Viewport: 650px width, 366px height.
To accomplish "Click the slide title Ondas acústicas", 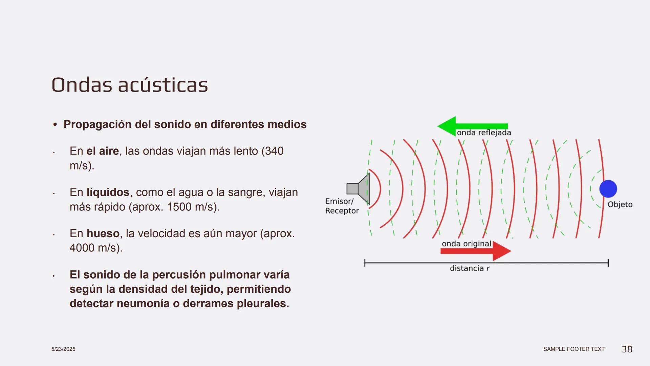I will (129, 85).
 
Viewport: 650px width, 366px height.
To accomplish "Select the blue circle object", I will (608, 189).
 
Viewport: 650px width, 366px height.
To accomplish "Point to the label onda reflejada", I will (484, 133).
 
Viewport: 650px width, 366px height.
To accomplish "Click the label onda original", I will (466, 244).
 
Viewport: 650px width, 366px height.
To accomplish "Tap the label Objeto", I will (620, 205).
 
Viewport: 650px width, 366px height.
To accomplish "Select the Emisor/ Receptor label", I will (342, 206).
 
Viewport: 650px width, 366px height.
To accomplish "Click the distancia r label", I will (470, 268).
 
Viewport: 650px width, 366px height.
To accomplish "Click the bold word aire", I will (103, 151).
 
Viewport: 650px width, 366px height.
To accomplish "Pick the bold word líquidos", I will (108, 192).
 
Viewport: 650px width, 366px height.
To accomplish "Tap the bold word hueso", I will (103, 233).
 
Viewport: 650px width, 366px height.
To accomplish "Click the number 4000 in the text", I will (82, 248).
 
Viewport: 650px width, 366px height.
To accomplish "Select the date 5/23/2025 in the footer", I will (63, 349).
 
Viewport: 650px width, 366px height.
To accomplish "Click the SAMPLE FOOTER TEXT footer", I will (573, 349).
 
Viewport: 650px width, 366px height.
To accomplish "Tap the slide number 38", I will (627, 349).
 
